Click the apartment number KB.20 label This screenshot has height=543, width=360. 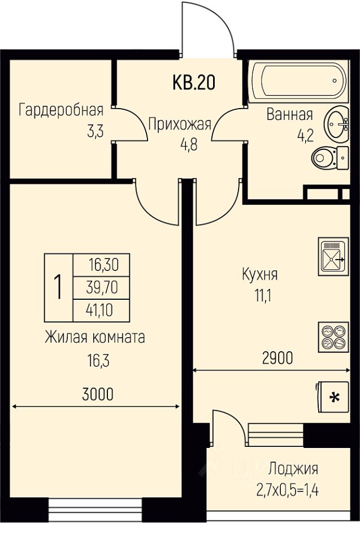193,83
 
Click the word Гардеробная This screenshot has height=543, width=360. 61,110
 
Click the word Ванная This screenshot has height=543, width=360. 289,115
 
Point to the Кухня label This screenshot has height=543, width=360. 259,275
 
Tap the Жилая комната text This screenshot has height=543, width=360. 95,338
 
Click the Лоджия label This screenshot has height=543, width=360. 293,468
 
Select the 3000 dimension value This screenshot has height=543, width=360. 98,395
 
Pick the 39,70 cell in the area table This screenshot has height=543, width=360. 102,287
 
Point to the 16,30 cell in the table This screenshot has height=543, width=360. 102,264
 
